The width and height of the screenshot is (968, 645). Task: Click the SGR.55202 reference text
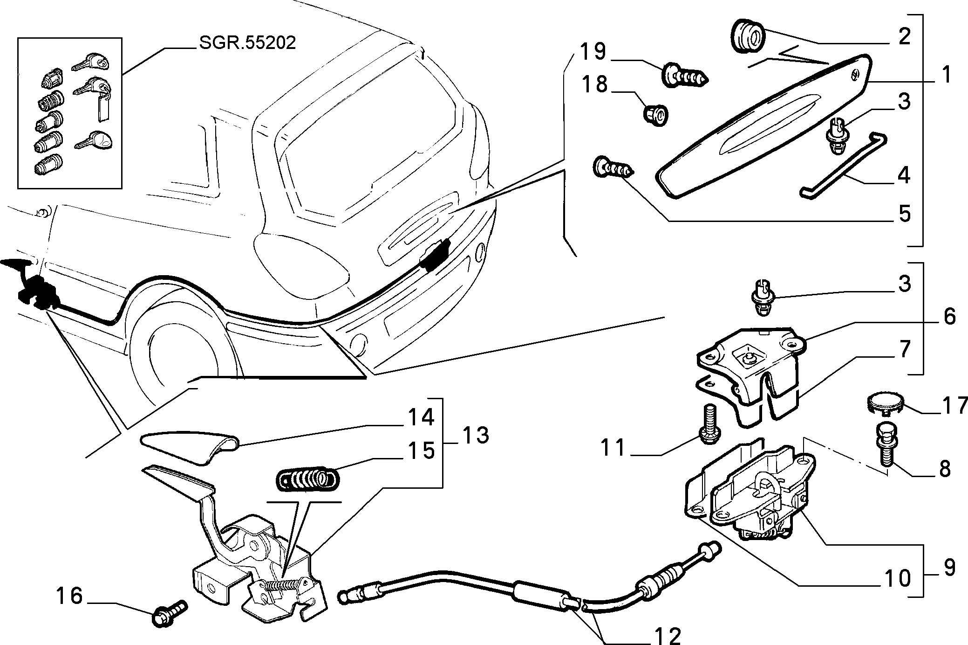point(247,43)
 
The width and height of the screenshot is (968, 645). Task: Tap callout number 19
point(593,51)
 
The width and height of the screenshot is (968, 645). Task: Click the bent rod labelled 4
point(842,166)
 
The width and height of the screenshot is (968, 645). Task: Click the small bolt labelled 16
point(170,611)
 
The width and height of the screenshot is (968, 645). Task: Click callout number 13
point(475,436)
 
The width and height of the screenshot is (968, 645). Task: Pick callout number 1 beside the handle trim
point(946,75)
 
